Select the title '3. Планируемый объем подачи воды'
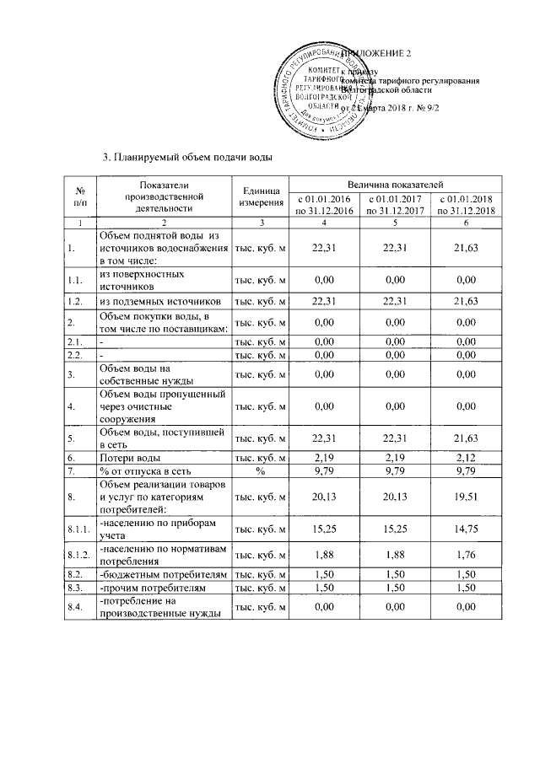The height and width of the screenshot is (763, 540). click(x=188, y=157)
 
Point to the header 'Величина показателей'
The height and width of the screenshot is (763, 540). click(x=395, y=184)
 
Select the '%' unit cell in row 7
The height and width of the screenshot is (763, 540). click(x=260, y=470)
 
